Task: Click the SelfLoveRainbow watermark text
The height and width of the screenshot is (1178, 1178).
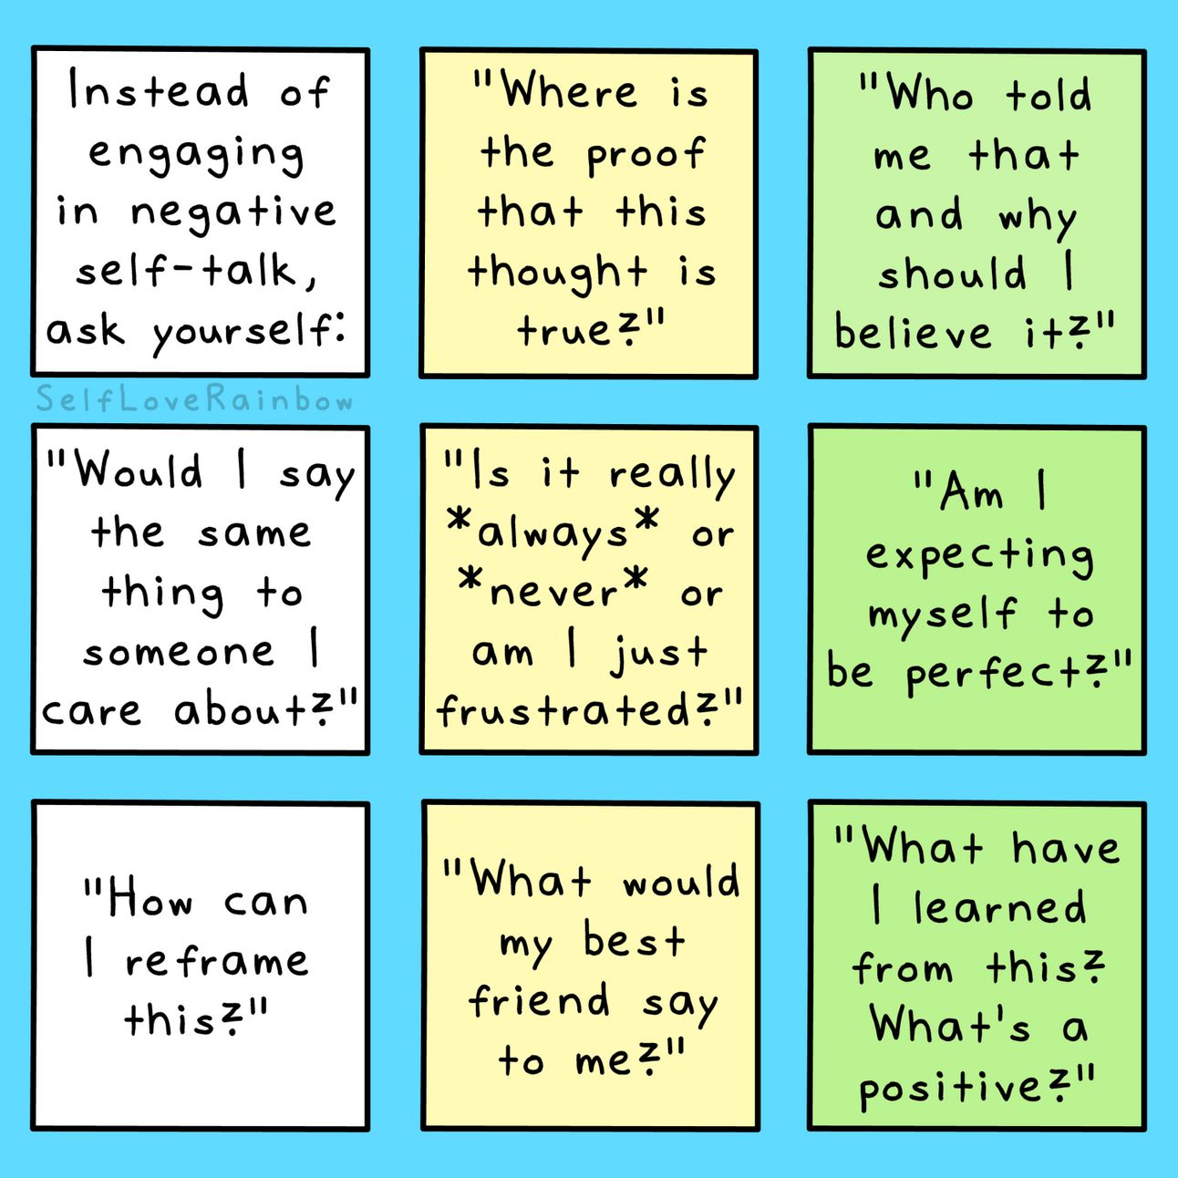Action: pyautogui.click(x=194, y=400)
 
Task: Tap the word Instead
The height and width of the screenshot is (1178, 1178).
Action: pyautogui.click(x=159, y=91)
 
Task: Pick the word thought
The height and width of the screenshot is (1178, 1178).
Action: pyautogui.click(x=557, y=273)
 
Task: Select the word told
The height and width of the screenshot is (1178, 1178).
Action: pyautogui.click(x=1049, y=95)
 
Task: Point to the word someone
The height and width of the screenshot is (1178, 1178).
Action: pyautogui.click(x=179, y=652)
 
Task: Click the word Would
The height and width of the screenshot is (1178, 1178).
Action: pyautogui.click(x=139, y=471)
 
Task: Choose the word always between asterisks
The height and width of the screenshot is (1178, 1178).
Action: pyautogui.click(x=553, y=534)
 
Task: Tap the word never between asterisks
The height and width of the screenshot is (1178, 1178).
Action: pyautogui.click(x=554, y=593)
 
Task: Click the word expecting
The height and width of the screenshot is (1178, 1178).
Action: pyautogui.click(x=979, y=556)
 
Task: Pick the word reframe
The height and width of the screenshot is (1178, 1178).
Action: pyautogui.click(x=217, y=961)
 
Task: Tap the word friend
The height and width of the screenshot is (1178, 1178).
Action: pyautogui.click(x=540, y=1000)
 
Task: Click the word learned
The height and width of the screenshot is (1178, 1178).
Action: pyautogui.click(x=1000, y=907)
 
